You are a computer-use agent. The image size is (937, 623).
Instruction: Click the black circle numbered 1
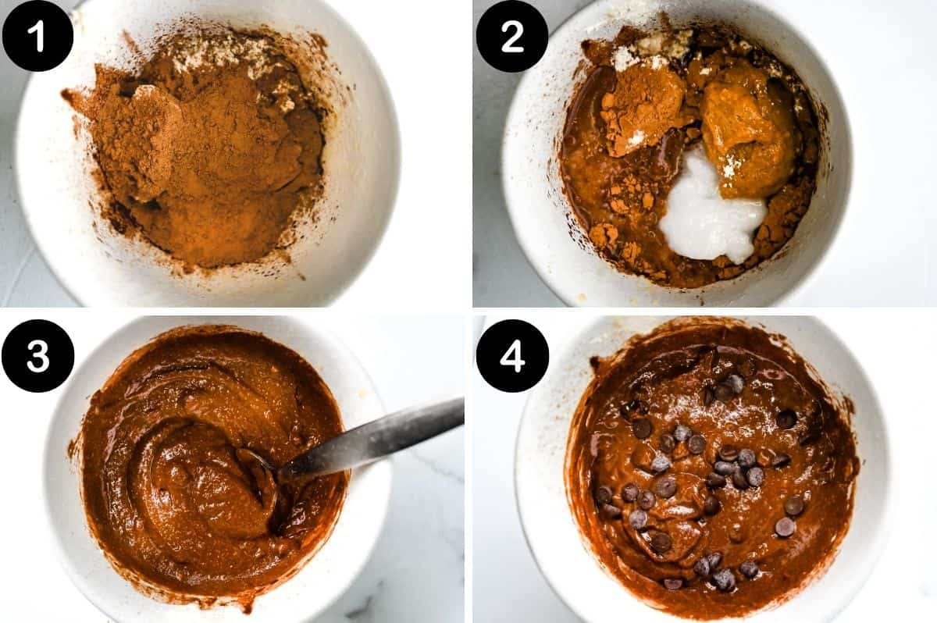click(37, 35)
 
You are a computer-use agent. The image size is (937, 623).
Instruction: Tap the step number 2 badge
click(512, 35)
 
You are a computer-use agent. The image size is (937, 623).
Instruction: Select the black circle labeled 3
click(37, 355)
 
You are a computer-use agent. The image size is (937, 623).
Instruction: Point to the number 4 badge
click(512, 355)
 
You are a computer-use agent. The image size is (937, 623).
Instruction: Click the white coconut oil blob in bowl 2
click(711, 215)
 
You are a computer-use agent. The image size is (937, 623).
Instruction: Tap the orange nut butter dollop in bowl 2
click(746, 129)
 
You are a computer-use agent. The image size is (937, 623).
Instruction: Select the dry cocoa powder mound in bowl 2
click(640, 109)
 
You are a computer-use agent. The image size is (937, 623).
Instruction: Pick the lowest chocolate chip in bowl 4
click(673, 583)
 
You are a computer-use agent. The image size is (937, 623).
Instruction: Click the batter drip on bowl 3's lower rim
click(247, 604)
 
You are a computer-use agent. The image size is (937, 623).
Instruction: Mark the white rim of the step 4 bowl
click(875, 484)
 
